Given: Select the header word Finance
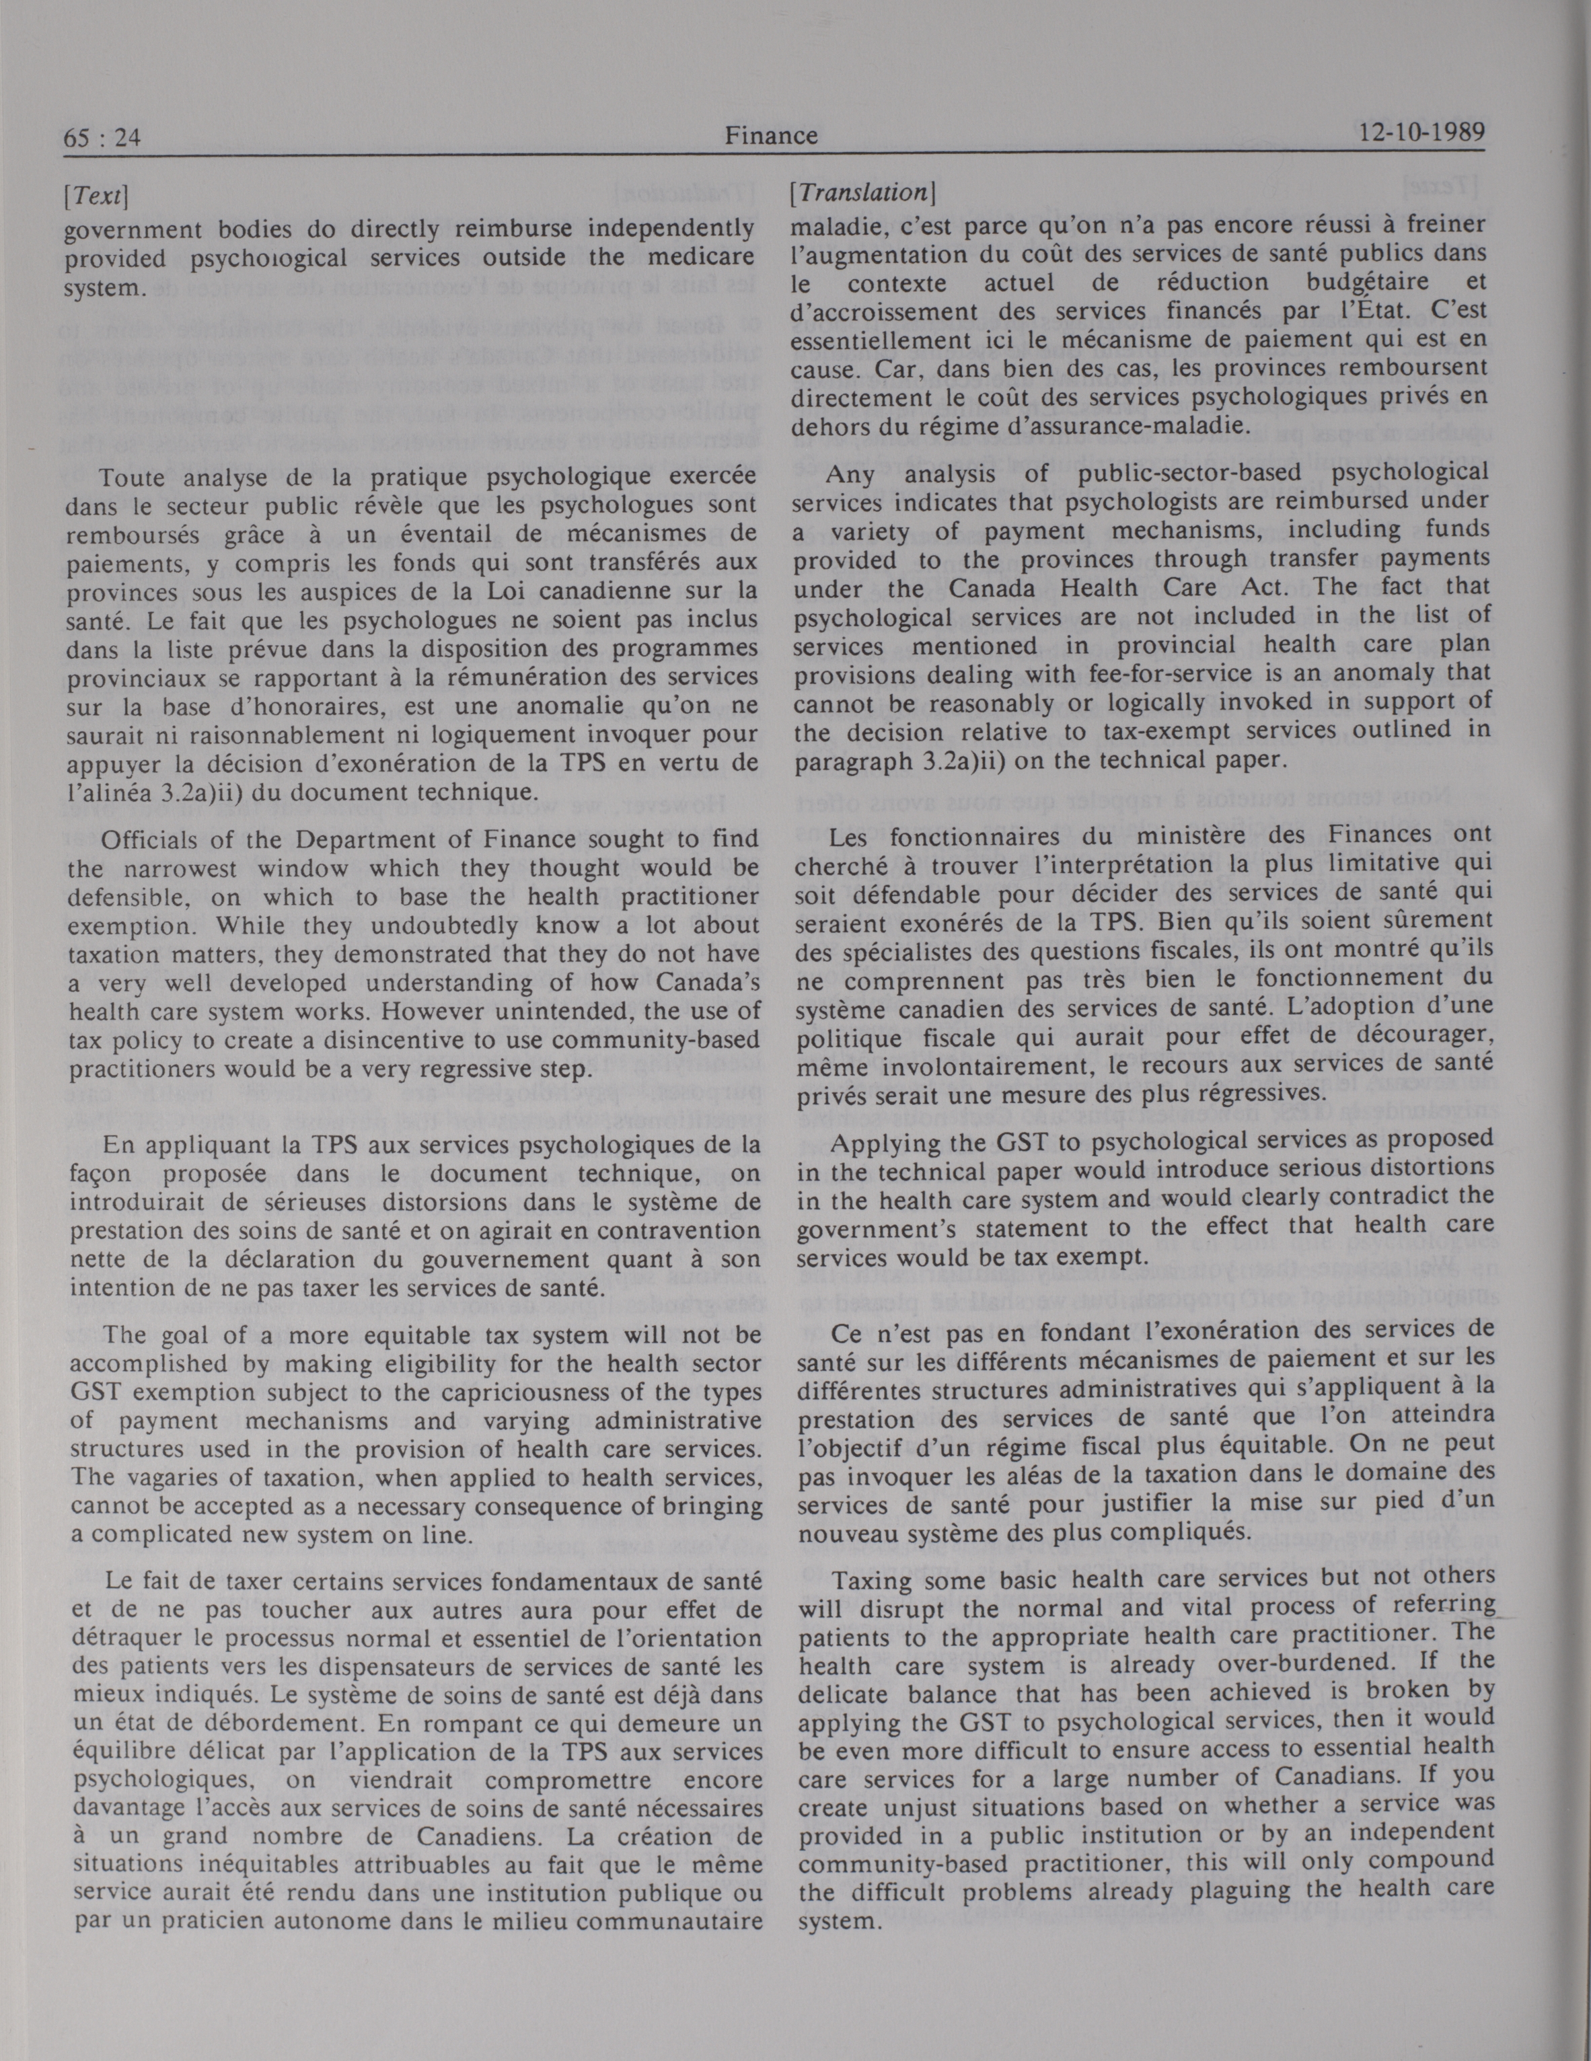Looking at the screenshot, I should (x=771, y=136).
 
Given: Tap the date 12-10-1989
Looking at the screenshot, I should (x=1422, y=131).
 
